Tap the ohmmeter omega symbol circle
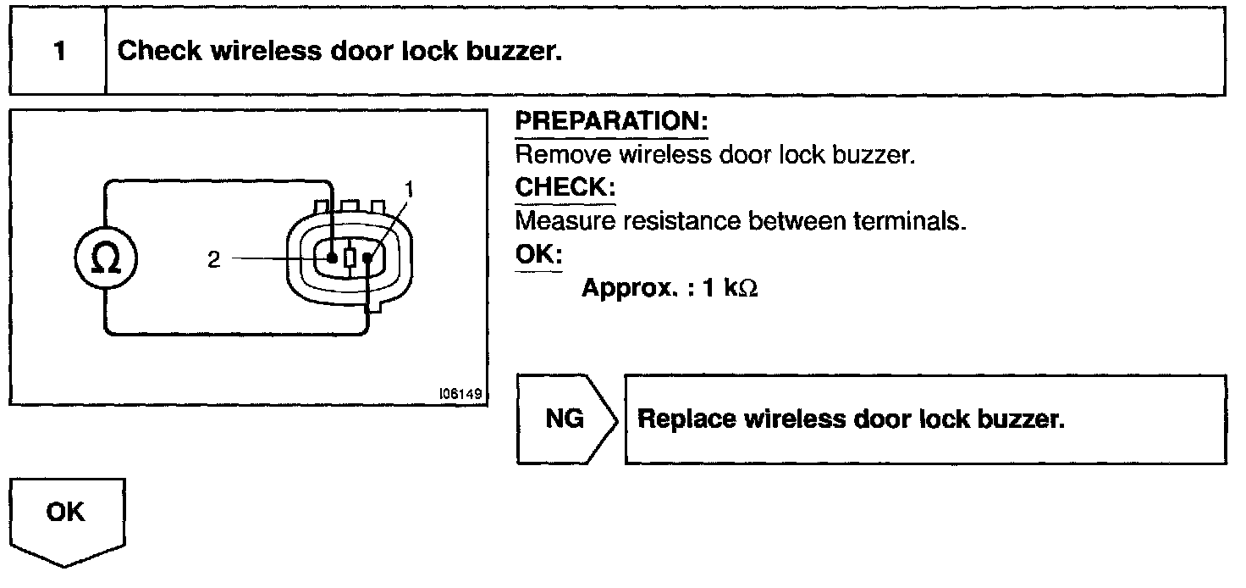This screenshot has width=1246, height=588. pyautogui.click(x=105, y=260)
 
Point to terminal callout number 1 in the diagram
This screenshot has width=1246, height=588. pyautogui.click(x=411, y=190)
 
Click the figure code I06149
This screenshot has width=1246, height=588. pyautogui.click(x=460, y=394)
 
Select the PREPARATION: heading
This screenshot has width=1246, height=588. pyautogui.click(x=612, y=122)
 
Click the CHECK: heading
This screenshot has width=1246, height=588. pyautogui.click(x=565, y=187)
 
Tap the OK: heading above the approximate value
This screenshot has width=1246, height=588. pyautogui.click(x=539, y=254)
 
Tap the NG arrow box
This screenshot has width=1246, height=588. pyautogui.click(x=565, y=419)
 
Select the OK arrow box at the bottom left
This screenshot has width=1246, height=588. pyautogui.click(x=67, y=516)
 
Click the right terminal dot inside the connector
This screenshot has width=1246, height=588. pyautogui.click(x=368, y=257)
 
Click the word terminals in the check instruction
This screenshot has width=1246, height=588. pyautogui.click(x=918, y=222)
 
